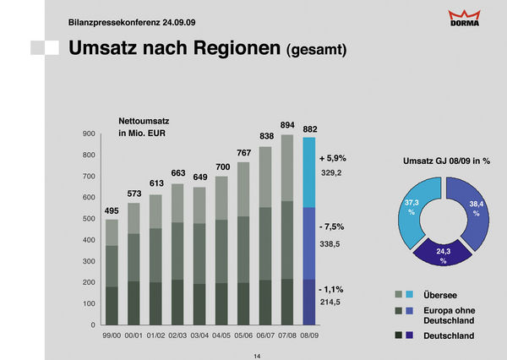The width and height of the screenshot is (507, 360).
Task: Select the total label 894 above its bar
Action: [286, 124]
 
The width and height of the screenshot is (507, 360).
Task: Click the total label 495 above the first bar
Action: [112, 210]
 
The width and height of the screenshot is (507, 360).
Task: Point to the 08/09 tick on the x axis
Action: [310, 335]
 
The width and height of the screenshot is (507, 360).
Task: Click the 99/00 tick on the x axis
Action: [112, 335]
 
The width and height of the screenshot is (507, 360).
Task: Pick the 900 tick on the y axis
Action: [88, 134]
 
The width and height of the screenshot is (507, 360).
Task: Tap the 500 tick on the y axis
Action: [88, 219]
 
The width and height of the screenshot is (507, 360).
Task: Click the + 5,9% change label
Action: [333, 158]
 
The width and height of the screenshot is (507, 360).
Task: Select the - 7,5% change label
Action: [332, 227]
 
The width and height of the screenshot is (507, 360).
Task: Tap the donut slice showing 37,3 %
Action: [412, 207]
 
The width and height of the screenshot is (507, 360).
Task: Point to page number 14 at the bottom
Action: [257, 356]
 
